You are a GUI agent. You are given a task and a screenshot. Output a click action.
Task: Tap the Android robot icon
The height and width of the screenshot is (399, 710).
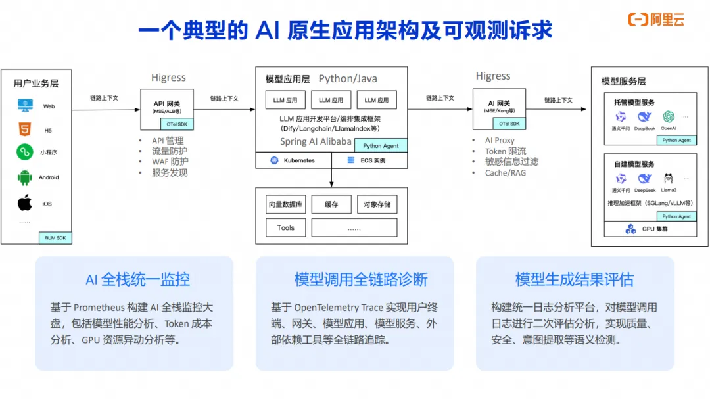click(x=25, y=177)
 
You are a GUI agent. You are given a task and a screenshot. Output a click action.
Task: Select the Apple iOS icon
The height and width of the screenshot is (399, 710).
click(x=25, y=203)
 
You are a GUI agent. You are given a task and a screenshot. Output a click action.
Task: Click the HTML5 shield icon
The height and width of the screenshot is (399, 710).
click(x=25, y=130)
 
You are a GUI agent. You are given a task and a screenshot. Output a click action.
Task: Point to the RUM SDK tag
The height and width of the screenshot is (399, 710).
click(x=57, y=238)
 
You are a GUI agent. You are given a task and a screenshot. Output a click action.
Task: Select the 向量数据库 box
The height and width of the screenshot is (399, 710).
click(x=285, y=204)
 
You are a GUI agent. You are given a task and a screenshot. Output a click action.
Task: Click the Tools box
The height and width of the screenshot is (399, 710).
click(x=285, y=228)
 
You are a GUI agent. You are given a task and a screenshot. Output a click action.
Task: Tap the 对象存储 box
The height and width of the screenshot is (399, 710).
click(x=377, y=204)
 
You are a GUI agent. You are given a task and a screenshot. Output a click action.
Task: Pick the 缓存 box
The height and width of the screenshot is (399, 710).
click(x=331, y=204)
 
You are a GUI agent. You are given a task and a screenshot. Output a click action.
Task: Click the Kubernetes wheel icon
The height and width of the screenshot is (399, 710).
click(x=274, y=160)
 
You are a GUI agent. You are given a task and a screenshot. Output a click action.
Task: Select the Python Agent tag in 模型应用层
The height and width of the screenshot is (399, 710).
click(x=381, y=146)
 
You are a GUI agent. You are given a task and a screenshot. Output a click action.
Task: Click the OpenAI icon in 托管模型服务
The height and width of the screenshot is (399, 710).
click(x=669, y=117)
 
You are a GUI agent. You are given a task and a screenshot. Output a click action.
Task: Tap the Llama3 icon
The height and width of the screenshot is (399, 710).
click(x=669, y=178)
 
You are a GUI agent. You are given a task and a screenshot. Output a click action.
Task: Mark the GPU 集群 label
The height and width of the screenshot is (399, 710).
click(x=653, y=229)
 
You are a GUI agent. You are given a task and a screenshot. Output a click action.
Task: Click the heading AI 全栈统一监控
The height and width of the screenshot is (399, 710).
click(x=137, y=279)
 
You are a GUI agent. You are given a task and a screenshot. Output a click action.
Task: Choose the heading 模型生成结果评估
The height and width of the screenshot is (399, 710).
click(x=574, y=279)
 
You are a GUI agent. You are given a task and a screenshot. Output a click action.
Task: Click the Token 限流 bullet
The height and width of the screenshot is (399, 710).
click(x=506, y=151)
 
